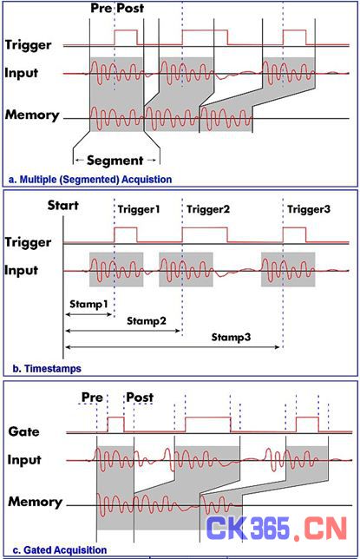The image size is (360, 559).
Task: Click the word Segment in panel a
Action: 115,161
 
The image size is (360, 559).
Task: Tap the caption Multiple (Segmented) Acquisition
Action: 90,179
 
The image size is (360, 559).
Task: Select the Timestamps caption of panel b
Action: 47,368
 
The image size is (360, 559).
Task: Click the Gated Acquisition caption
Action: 60,550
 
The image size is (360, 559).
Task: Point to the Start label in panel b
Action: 63,206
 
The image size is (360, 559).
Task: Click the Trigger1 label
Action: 139,209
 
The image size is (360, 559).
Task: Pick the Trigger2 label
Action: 208,209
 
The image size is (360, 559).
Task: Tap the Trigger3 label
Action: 309,209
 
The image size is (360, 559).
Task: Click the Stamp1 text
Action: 88,304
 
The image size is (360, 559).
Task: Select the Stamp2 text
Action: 147,321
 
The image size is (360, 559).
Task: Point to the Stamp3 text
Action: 231,337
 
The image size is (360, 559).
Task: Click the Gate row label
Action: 24,431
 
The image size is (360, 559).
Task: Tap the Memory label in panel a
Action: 32,115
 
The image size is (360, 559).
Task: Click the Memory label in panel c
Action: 35,502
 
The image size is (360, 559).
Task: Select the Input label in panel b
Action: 22,271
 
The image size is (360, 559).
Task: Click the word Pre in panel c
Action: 92,398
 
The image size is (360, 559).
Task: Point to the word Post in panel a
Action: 131,8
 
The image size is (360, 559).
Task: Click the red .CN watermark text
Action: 320,529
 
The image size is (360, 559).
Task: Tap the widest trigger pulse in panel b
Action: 205,227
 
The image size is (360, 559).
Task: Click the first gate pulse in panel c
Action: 116,418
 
